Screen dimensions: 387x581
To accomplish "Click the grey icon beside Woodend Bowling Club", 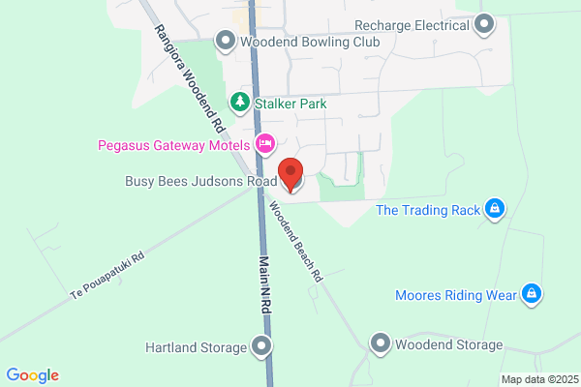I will [226, 41].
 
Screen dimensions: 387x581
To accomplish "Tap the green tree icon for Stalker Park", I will [239, 101].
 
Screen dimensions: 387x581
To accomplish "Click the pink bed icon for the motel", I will [265, 145].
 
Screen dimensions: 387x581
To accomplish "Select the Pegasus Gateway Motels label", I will [174, 145].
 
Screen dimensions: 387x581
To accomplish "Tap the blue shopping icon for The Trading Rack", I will [495, 209].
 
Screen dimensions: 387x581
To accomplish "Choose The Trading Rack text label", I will [428, 210].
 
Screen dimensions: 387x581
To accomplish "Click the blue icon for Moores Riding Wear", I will [531, 293].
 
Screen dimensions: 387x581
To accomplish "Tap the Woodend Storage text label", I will [448, 344].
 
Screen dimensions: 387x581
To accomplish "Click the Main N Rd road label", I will [264, 283].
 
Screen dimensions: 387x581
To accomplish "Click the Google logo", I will [32, 375].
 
